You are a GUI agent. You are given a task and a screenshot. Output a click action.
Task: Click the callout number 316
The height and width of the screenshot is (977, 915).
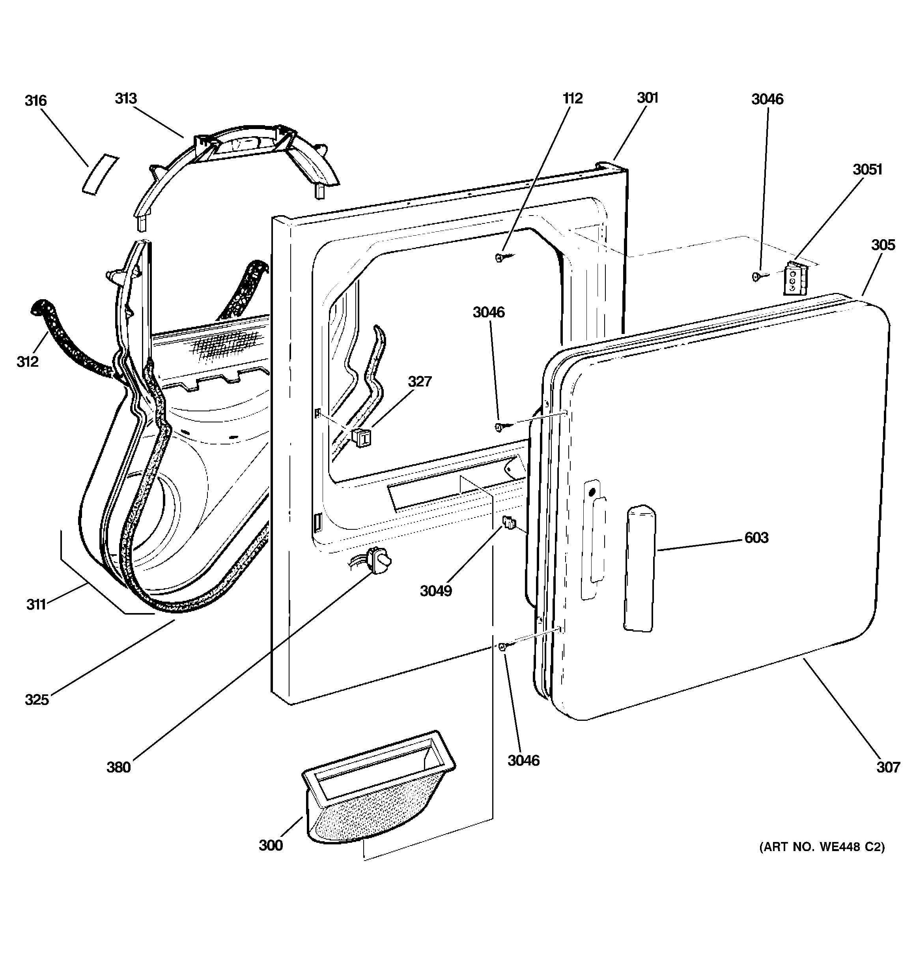point(36,101)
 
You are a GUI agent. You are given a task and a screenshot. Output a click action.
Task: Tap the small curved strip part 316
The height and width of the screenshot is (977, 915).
point(100,174)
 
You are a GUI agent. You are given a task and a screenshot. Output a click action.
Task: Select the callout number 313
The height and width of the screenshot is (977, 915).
point(126,98)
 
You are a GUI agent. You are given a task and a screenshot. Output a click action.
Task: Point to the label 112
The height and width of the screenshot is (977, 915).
point(572,98)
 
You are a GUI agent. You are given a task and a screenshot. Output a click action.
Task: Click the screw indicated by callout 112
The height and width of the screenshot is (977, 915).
point(500,257)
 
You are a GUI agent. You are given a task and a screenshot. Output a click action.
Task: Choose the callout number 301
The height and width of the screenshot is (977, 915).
point(647,98)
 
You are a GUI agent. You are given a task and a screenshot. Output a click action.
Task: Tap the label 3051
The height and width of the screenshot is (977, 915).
point(867,170)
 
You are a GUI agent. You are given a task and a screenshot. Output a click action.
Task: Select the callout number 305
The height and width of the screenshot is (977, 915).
point(883,245)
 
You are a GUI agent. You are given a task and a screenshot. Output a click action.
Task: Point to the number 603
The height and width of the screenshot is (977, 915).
point(756,538)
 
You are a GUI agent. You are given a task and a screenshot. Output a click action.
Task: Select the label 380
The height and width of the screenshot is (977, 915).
point(119,767)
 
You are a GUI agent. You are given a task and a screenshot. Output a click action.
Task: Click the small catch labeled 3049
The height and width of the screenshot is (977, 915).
point(508,523)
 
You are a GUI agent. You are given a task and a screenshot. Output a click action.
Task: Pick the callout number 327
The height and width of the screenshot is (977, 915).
point(419,381)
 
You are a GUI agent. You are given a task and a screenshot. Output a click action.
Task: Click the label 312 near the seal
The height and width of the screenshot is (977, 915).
point(28,362)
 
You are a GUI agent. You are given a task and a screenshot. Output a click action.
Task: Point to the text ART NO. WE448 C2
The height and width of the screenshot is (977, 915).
point(822,847)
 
